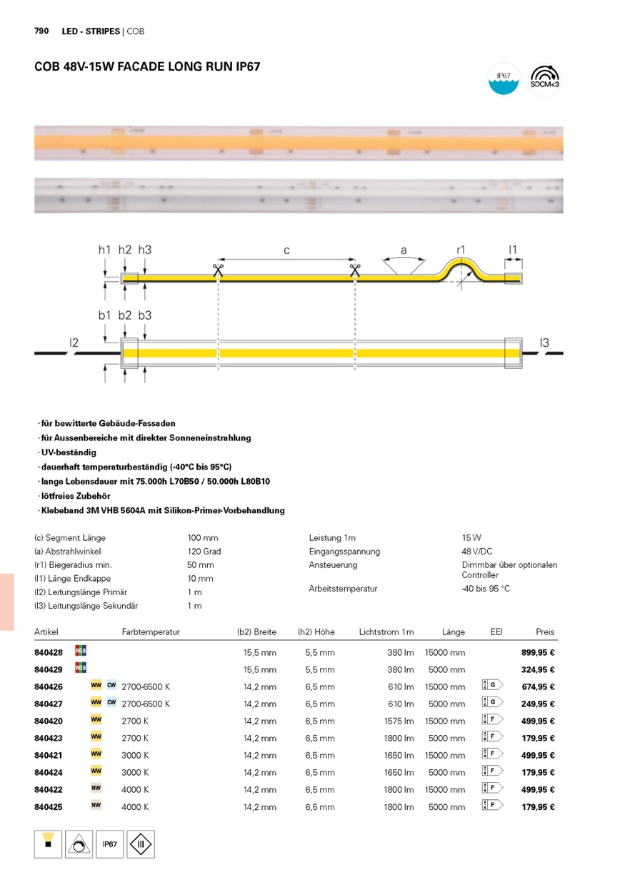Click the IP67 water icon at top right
504,79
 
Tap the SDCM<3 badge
545,79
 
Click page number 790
41,31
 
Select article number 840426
49,686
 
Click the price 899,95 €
539,652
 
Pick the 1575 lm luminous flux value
399,721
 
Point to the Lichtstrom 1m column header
386,632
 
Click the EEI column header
496,632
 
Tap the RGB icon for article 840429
81,668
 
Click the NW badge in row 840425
96,806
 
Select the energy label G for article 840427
493,703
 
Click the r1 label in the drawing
461,250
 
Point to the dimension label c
286,250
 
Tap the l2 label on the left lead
74,343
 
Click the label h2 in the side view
125,250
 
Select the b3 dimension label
145,315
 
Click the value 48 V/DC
476,552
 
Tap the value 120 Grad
204,552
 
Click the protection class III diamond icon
141,844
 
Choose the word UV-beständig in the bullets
69,452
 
